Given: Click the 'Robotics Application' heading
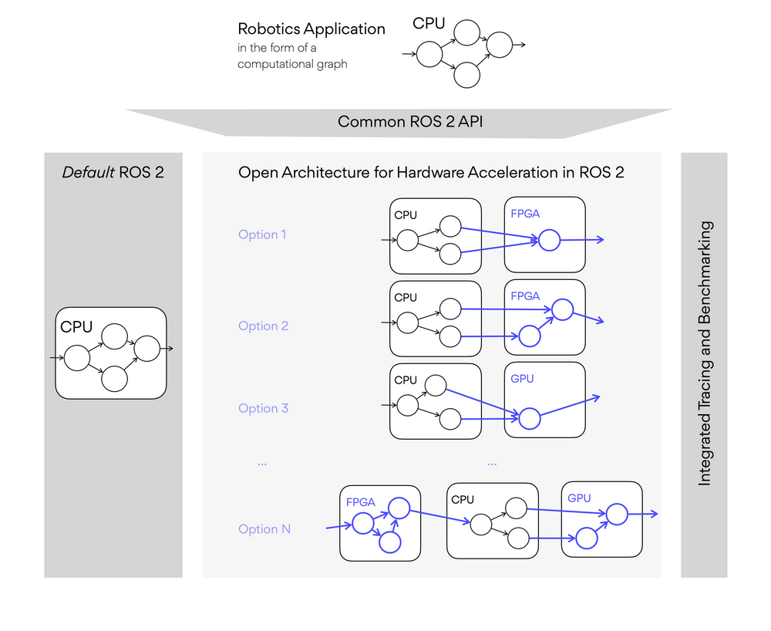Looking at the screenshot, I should coord(311,29).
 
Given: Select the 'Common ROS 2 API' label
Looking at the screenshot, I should coord(410,122).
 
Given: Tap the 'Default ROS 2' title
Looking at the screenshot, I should coord(113,172).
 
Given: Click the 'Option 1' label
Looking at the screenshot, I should coord(263,235).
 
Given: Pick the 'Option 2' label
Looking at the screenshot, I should coord(263,326).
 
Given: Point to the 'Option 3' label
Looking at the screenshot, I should coord(263,408).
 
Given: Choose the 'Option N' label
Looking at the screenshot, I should coord(264,529).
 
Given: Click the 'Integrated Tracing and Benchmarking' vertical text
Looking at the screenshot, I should coord(705,353).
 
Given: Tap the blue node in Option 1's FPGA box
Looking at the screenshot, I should coord(549,241).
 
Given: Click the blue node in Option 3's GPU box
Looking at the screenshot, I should coord(529,419).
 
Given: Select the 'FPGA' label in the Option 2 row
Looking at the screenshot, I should coord(525,296).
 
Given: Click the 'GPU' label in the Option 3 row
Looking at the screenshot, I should coord(522,379).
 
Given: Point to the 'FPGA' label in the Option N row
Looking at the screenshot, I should coord(361,502).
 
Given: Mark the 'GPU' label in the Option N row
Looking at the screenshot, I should coord(579,498).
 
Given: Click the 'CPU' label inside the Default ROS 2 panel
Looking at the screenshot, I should coord(76,327).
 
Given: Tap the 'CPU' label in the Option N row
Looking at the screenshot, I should coord(463,500).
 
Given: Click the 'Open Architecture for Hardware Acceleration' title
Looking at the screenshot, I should coord(431,172).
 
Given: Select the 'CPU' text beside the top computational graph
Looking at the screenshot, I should coord(429,23).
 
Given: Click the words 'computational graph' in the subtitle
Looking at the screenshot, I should coord(292,64).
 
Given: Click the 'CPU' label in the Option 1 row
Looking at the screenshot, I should coord(406,215).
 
